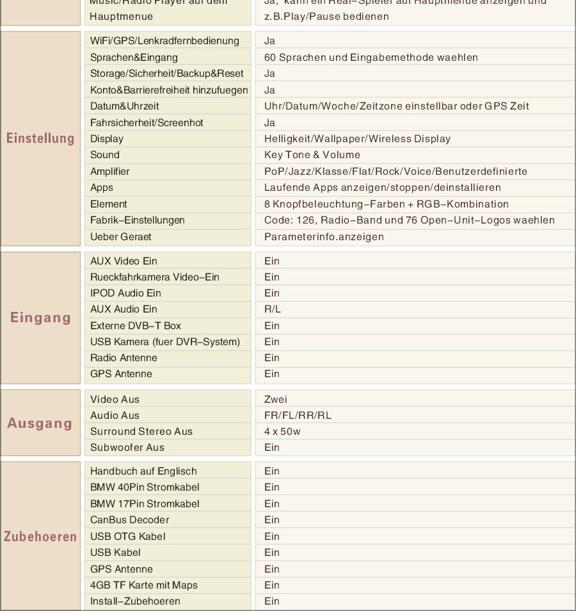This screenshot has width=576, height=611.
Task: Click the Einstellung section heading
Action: pyautogui.click(x=40, y=138)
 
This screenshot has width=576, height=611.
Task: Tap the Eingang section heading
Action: pyautogui.click(x=40, y=318)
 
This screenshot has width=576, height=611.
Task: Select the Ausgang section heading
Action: pyautogui.click(x=40, y=423)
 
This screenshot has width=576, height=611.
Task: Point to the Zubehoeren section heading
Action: pyautogui.click(x=40, y=537)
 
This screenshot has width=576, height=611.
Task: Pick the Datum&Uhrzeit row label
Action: pyautogui.click(x=124, y=106)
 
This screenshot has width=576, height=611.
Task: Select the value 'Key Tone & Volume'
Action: pyautogui.click(x=312, y=155)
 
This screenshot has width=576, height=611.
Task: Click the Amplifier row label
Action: pyautogui.click(x=109, y=172)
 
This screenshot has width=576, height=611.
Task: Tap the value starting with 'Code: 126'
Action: pyautogui.click(x=409, y=220)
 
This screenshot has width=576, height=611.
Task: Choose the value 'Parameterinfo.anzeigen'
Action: pyautogui.click(x=324, y=237)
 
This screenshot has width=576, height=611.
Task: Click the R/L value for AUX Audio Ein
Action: pyautogui.click(x=272, y=309)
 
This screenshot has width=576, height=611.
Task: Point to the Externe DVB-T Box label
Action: pyautogui.click(x=136, y=326)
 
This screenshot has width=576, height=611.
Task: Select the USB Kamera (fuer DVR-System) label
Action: pyautogui.click(x=165, y=342)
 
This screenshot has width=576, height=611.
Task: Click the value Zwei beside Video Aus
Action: pyautogui.click(x=276, y=400)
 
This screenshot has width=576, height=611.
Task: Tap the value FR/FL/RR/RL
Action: pyautogui.click(x=298, y=416)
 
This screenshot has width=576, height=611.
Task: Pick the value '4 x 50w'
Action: pyautogui.click(x=282, y=432)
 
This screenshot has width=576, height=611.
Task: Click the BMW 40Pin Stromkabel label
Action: pyautogui.click(x=145, y=487)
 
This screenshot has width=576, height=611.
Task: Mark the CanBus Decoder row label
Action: pyautogui.click(x=130, y=520)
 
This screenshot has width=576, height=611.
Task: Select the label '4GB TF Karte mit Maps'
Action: pyautogui.click(x=144, y=585)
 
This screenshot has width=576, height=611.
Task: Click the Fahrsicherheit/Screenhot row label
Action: pyautogui.click(x=147, y=123)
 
